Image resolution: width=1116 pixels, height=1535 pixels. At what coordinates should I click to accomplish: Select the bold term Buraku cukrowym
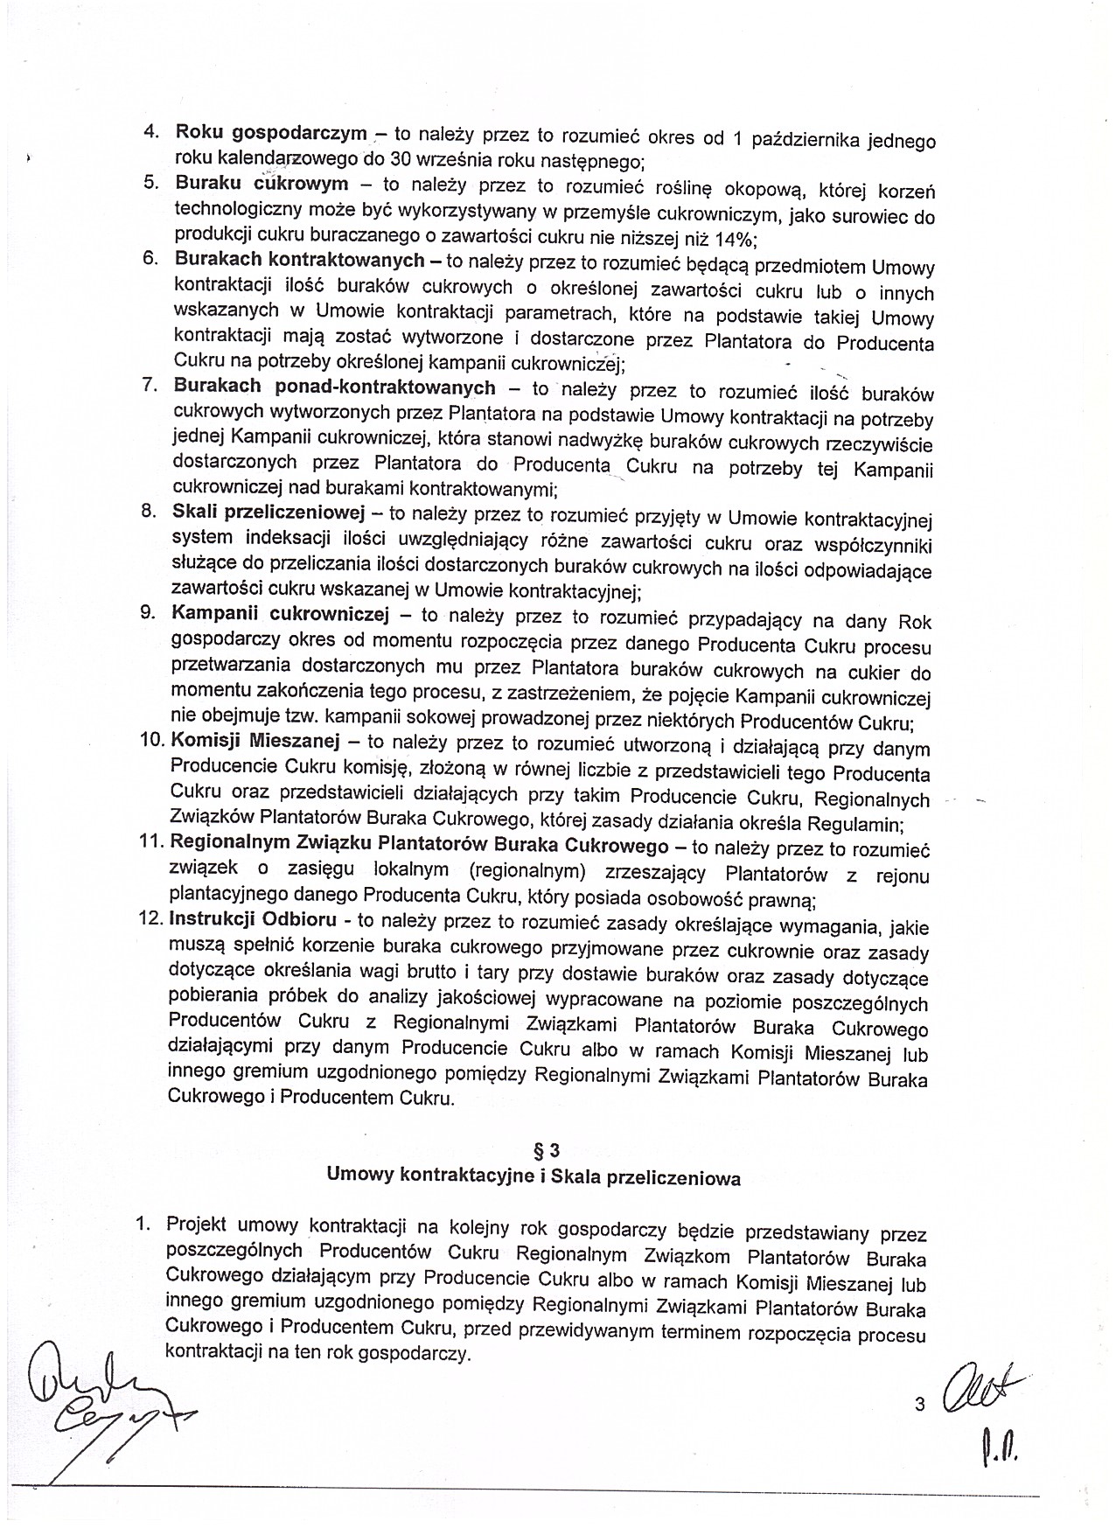pyautogui.click(x=262, y=184)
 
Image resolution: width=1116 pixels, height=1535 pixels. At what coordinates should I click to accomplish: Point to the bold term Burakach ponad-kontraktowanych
pyautogui.click(x=334, y=387)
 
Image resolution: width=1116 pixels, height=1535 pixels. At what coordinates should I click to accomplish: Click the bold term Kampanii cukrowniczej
pyautogui.click(x=280, y=613)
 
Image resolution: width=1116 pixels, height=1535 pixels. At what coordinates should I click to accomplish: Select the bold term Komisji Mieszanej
pyautogui.click(x=255, y=740)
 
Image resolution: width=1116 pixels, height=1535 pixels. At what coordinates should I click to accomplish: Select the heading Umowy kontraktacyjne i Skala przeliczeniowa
pyautogui.click(x=534, y=1177)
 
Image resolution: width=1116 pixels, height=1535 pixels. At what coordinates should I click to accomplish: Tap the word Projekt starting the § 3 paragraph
pyautogui.click(x=198, y=1224)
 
